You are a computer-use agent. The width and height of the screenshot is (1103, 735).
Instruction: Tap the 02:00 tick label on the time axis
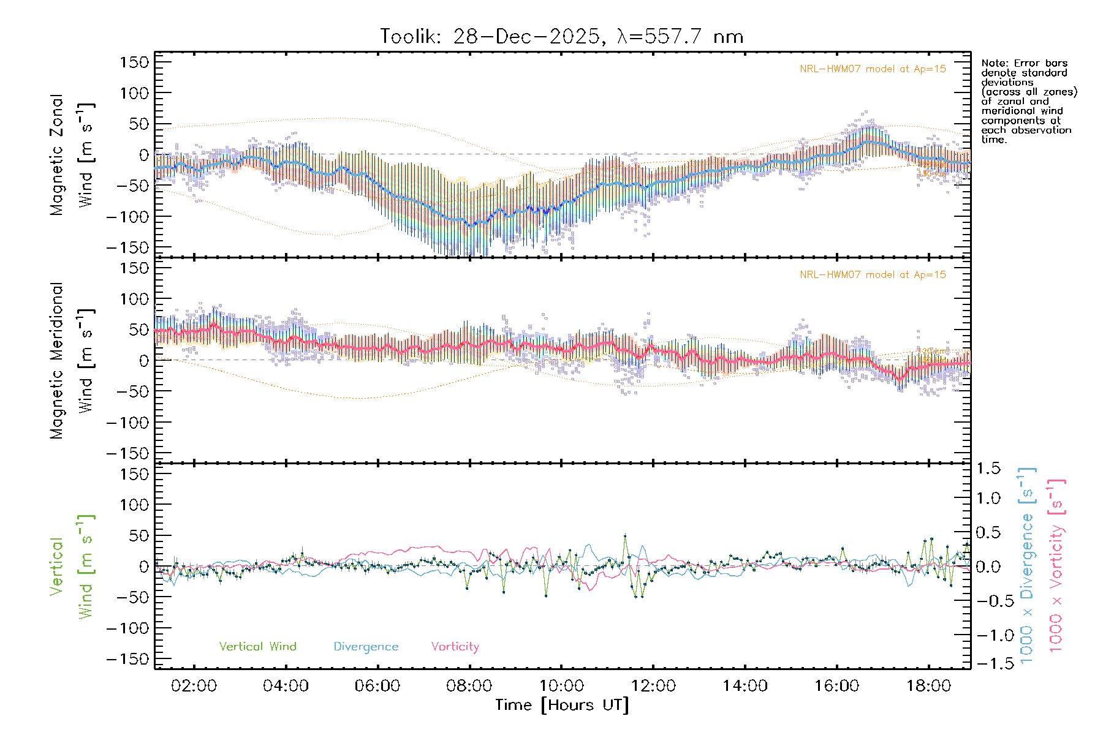(x=194, y=686)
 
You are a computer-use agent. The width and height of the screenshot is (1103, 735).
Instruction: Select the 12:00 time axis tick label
(x=653, y=686)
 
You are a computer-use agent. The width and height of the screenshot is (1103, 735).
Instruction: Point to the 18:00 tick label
(x=928, y=686)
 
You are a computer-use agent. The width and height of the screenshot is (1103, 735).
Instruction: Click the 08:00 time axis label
(x=469, y=686)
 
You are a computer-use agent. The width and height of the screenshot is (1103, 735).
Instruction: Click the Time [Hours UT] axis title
(x=561, y=705)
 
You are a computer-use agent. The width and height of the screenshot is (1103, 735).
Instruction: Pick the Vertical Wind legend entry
(x=257, y=646)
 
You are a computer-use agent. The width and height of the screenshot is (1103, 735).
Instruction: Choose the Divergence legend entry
(x=366, y=646)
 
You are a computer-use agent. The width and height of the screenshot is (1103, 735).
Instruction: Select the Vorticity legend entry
(x=455, y=646)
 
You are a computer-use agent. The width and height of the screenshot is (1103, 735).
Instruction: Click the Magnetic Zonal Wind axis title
(x=71, y=154)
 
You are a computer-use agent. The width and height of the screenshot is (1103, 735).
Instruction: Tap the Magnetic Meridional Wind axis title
(x=71, y=360)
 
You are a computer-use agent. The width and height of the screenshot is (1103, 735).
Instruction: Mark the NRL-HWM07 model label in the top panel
(x=873, y=69)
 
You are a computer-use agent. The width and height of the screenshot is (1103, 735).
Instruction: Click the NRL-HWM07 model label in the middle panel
(x=873, y=274)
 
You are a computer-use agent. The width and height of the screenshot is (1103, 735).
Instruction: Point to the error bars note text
(x=1028, y=101)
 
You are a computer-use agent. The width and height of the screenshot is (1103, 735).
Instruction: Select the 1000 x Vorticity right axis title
(x=1056, y=566)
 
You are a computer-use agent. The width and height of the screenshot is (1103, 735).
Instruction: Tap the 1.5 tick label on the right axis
(x=988, y=468)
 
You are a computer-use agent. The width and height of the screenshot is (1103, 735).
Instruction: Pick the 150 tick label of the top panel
(x=134, y=62)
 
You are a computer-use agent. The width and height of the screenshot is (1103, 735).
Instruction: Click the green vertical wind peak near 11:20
(x=625, y=535)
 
